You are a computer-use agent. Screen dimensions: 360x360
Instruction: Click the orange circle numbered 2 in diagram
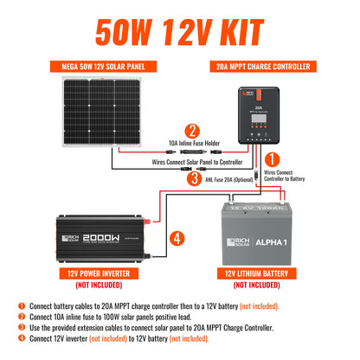coord(193,131)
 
